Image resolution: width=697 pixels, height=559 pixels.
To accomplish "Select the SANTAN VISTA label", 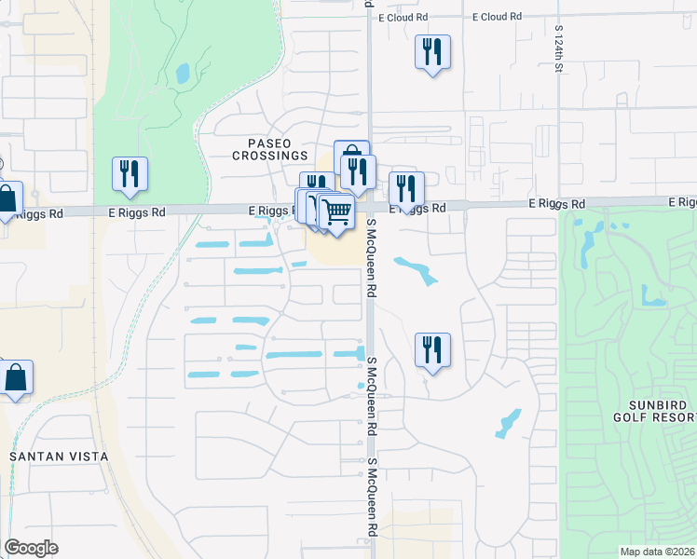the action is pos(59,457).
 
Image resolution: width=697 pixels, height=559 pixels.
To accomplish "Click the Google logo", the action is pos(31,548).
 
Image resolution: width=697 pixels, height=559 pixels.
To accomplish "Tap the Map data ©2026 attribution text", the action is pos(656,552).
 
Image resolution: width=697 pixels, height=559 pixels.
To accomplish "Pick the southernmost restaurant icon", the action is pos(432,349).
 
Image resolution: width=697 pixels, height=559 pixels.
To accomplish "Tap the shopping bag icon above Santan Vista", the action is pos(16,377).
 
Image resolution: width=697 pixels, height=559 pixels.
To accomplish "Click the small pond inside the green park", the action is pos(182,72).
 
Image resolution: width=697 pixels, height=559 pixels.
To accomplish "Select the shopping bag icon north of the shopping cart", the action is pos(351,156).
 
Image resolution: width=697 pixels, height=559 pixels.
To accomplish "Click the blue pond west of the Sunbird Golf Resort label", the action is pos(509,423).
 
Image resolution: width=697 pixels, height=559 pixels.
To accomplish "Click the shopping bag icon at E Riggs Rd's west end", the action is pos(7,198).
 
